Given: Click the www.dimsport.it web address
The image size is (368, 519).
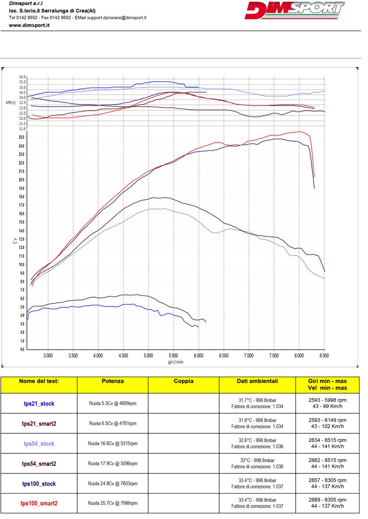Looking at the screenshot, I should pos(29,25).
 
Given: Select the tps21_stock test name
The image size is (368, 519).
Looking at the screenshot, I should pos(39,404).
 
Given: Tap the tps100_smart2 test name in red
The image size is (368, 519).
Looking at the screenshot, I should pos(39,504).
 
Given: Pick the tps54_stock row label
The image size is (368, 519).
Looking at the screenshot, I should pos(39,444).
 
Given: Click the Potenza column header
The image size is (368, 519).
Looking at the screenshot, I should pos(112,381).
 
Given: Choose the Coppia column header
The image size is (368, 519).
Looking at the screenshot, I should pos(183,381).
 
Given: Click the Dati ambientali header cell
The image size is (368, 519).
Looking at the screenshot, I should pos(257,381).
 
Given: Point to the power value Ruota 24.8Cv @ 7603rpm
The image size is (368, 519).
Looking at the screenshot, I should pos(112,484).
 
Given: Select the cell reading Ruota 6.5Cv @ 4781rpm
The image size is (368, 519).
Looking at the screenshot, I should pos(112,423).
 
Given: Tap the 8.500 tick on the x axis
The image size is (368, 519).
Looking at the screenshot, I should pos(324,356).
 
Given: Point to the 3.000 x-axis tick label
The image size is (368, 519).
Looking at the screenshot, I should pos(48,356).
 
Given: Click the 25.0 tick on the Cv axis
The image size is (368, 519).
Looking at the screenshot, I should pos(22,137).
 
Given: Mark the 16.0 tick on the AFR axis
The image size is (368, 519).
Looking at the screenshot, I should pos(22,77).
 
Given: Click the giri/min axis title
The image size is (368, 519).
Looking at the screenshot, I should pos(176,362).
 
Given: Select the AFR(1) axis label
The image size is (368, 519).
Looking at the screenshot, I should pos(11,103).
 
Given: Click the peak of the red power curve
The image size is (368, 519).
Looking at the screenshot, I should pos(300,132).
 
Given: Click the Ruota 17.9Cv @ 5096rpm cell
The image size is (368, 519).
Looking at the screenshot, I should pos(112,463).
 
